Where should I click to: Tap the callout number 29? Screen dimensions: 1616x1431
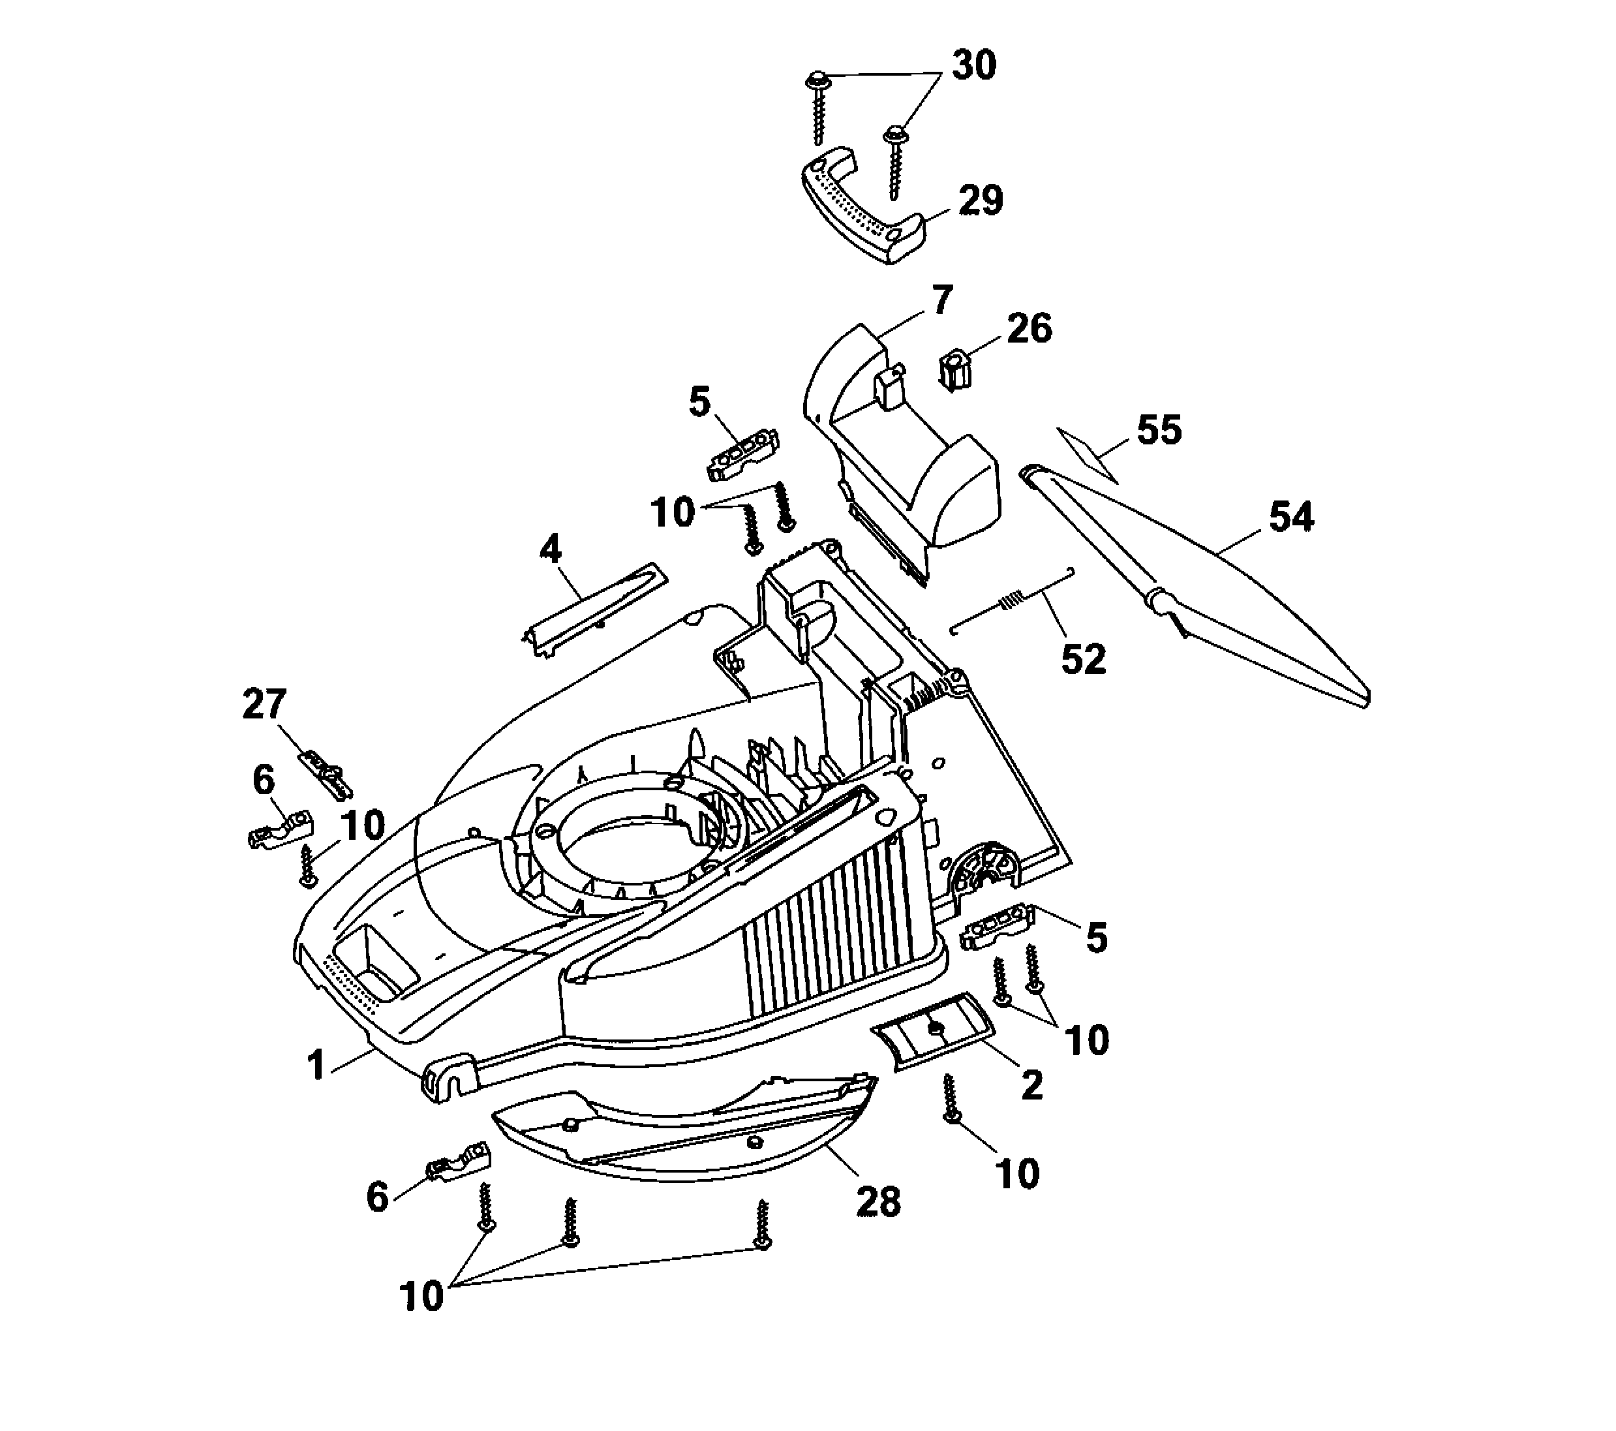pos(981,200)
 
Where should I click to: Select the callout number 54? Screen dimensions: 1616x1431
pos(1291,516)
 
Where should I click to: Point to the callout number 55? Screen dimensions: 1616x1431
pos(1159,429)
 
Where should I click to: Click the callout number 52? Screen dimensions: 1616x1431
pos(1083,658)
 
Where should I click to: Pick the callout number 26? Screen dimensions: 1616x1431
pos(1029,328)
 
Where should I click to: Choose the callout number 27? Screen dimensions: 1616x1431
pos(264,705)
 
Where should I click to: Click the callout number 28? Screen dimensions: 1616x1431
pos(877,1203)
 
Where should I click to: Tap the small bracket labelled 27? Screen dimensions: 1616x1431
pos(324,774)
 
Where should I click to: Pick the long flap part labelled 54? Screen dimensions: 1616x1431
pos(1194,583)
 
